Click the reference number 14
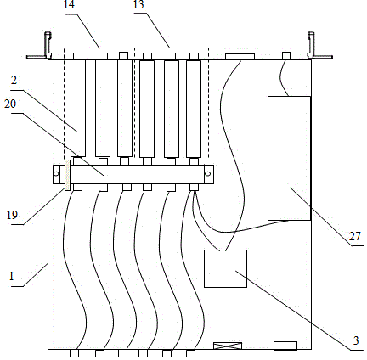coord(69,4)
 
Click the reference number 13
coord(138,4)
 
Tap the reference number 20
coord(10,104)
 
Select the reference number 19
coord(12,215)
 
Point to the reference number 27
coord(355,236)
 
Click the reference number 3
coord(356,340)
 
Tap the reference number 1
coord(11,276)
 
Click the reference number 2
coord(14,81)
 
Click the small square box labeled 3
coord(225,268)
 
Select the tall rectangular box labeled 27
coord(289,158)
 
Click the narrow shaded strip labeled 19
coord(67,175)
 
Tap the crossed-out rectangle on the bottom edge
coord(228,346)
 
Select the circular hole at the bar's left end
coord(56,173)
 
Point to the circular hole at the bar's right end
coord(208,173)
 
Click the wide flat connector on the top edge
coord(240,57)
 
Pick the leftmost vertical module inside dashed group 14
coord(78,108)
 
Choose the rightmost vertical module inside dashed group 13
coord(194,109)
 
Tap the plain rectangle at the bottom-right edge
coord(285,346)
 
